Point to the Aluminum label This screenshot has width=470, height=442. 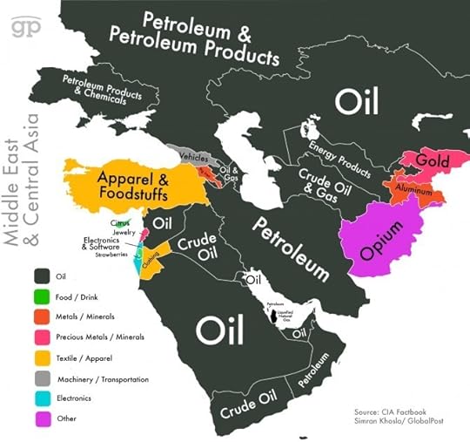click(x=408, y=188)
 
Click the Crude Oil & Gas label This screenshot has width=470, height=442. click(x=326, y=180)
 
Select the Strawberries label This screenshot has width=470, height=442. click(x=112, y=255)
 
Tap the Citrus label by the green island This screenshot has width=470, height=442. click(x=119, y=224)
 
